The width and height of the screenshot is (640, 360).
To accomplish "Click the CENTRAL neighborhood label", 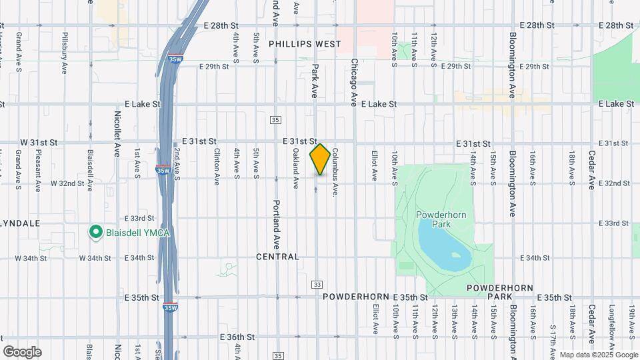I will [277, 257].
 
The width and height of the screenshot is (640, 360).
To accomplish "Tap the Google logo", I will [22, 352].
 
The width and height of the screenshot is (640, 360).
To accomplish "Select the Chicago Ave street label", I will [355, 82].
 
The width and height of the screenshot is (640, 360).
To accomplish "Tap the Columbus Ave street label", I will [336, 172].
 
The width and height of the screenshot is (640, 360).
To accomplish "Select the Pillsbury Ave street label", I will [65, 50].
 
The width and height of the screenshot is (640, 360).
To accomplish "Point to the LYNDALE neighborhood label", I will [20, 223].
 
